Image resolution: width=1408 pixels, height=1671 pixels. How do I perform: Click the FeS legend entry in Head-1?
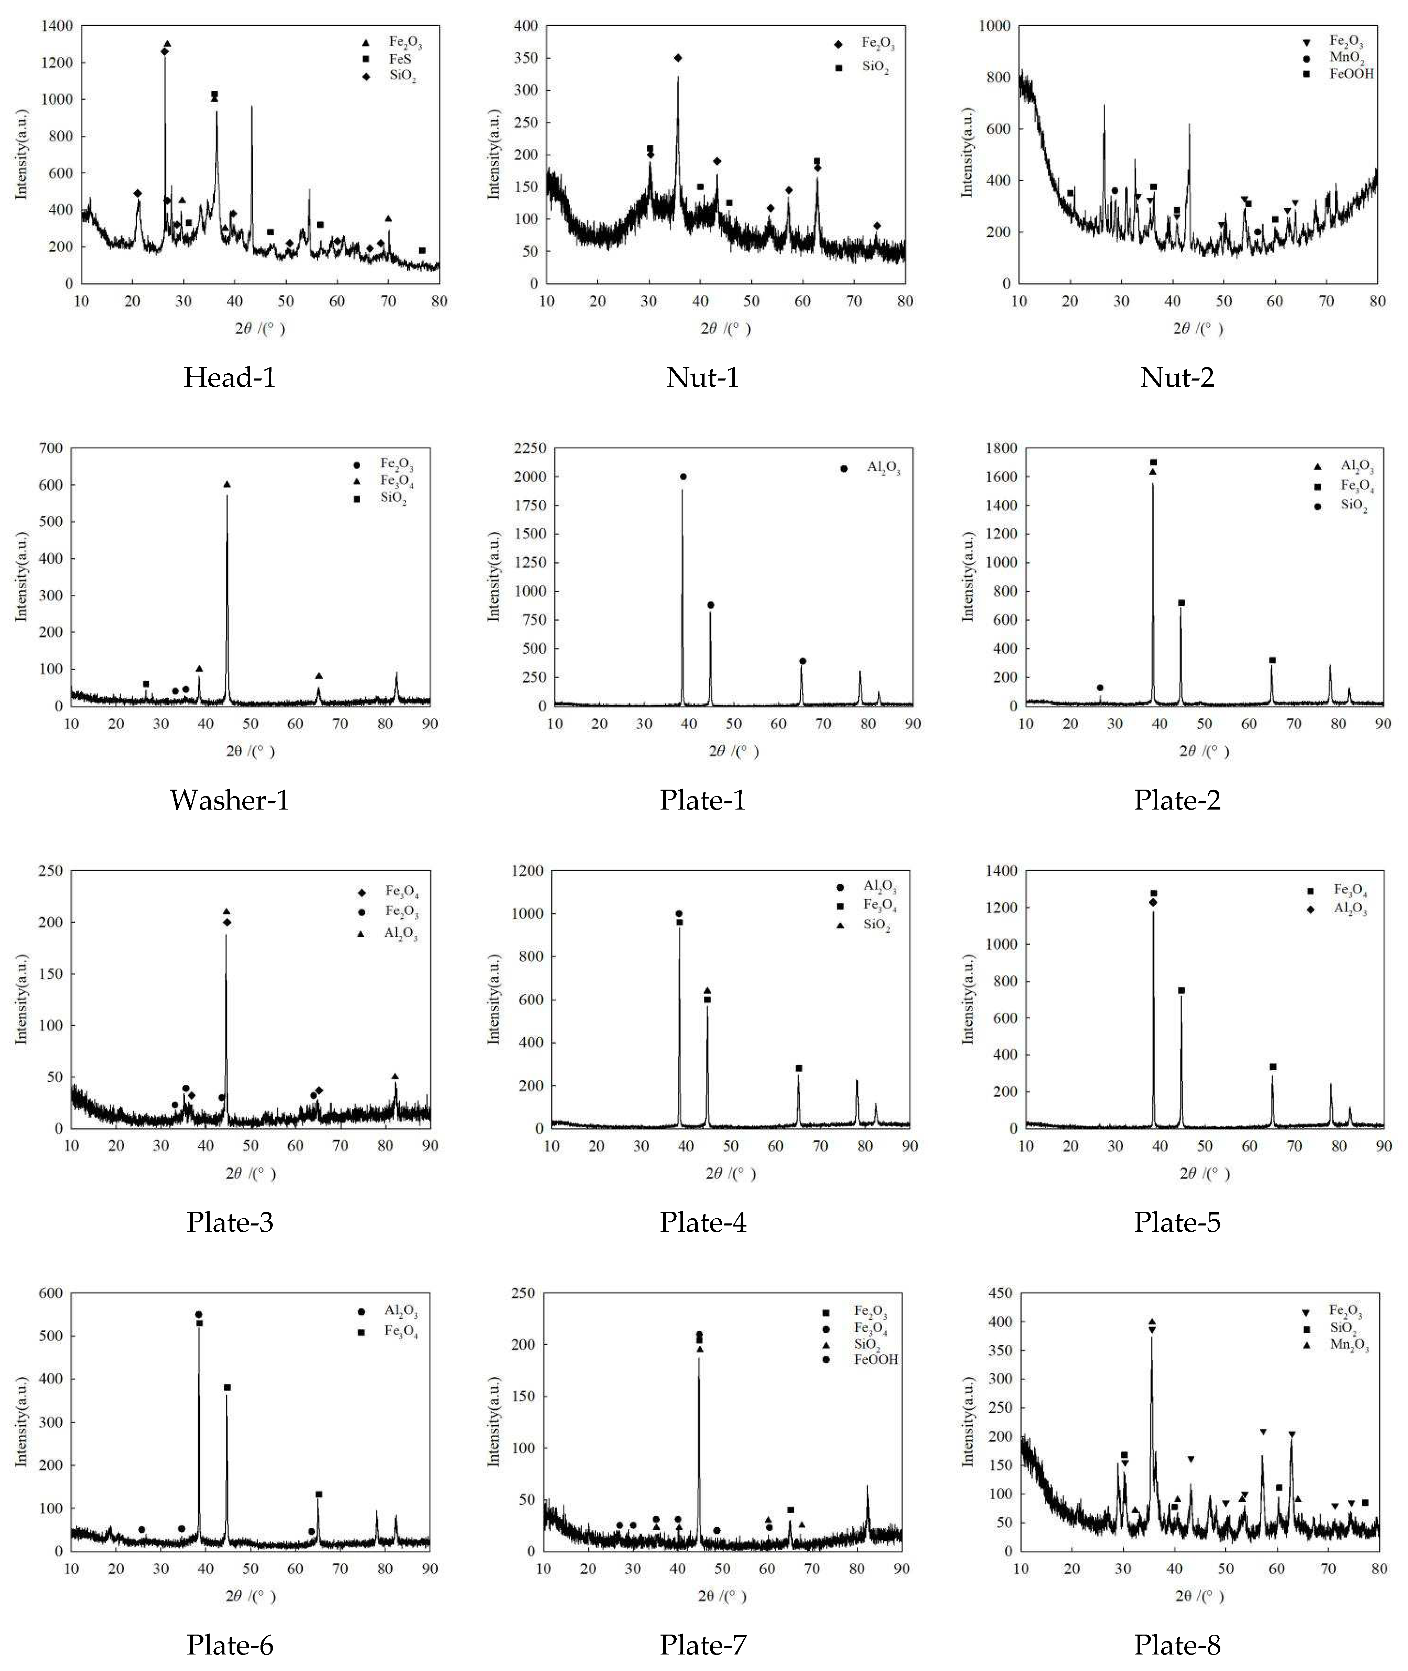tap(399, 59)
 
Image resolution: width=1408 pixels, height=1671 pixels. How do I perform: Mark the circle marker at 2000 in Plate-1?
tap(683, 477)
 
